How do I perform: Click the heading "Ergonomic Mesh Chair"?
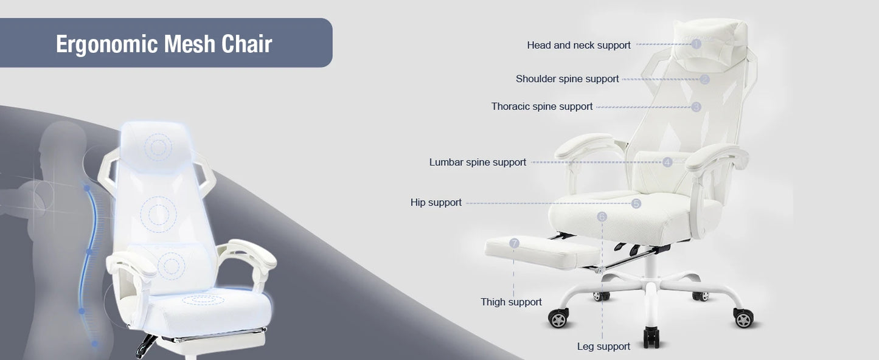click(x=164, y=44)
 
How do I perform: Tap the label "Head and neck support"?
click(x=578, y=45)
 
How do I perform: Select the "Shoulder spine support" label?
click(x=567, y=79)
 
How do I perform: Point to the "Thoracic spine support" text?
click(x=541, y=106)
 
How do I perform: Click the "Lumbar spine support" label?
click(x=478, y=162)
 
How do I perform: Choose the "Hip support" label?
click(x=436, y=202)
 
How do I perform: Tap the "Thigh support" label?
click(x=511, y=302)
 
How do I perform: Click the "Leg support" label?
click(x=603, y=347)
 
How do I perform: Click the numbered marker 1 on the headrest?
click(x=697, y=44)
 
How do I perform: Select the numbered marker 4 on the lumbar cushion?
click(x=667, y=162)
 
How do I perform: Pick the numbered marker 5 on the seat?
click(x=636, y=204)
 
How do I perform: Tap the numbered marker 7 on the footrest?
click(x=515, y=243)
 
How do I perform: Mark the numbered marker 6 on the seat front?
click(x=602, y=216)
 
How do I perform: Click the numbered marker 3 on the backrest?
click(x=697, y=107)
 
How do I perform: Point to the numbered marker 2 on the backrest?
click(x=705, y=79)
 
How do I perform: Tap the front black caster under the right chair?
click(x=651, y=336)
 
